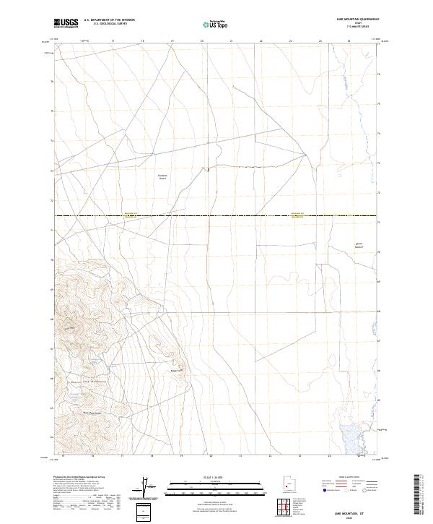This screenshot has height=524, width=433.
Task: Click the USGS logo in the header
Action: pos(66,24)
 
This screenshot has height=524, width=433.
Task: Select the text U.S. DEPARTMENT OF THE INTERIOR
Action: pos(109,20)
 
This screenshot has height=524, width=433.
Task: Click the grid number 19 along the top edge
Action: pos(172,42)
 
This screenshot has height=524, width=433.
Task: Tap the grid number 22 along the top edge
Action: pos(261,42)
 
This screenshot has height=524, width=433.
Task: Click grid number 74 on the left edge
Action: pos(51,141)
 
